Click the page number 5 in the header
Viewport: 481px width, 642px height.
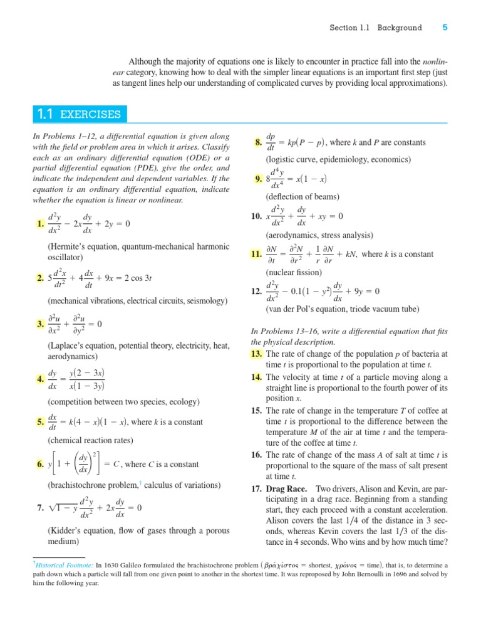(x=445, y=28)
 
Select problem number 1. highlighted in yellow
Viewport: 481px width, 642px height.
(x=41, y=224)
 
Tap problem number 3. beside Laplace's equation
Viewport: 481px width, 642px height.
(x=41, y=324)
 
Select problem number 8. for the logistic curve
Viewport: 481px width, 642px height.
(x=257, y=143)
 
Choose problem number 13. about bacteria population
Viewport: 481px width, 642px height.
(x=256, y=354)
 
